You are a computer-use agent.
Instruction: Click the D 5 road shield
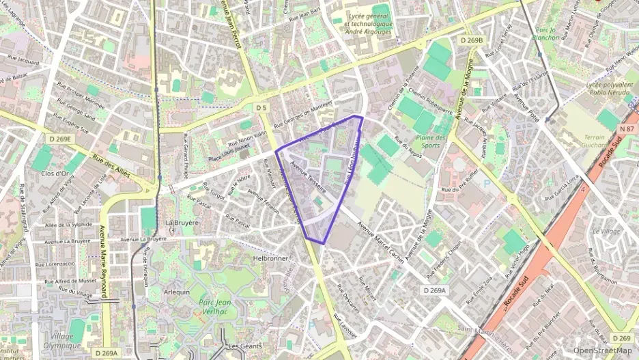pyautogui.click(x=261, y=108)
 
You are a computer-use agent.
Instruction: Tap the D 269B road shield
pyautogui.click(x=471, y=40)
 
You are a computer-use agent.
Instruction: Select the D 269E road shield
pyautogui.click(x=60, y=139)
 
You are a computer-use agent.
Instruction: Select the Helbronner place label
pyautogui.click(x=271, y=258)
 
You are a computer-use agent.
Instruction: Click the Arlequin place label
pyautogui.click(x=177, y=292)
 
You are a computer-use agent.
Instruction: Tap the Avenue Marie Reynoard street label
pyautogui.click(x=104, y=261)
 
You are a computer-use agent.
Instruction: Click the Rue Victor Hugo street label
pyautogui.click(x=517, y=263)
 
